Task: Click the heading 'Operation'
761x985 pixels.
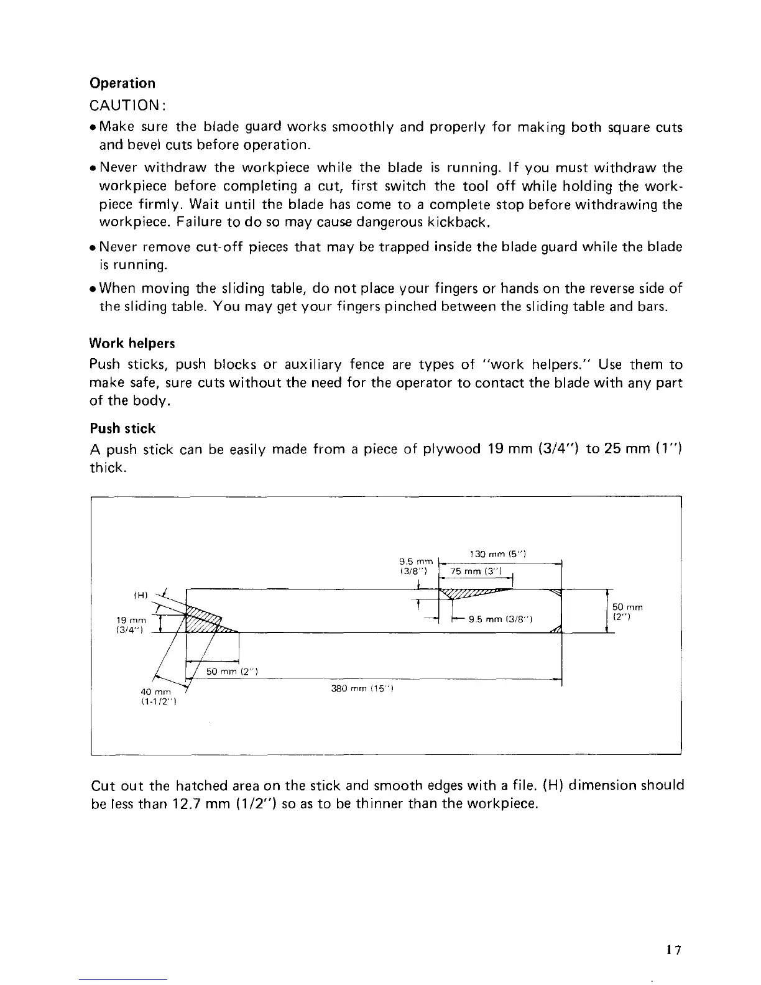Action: (x=122, y=83)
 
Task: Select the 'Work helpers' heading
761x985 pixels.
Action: (x=132, y=343)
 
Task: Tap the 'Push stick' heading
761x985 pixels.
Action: (x=122, y=428)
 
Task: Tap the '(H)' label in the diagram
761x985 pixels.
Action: (x=141, y=594)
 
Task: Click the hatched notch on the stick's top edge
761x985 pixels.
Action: (x=473, y=594)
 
